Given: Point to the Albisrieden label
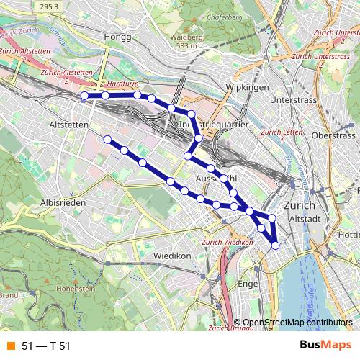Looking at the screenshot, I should pyautogui.click(x=63, y=203).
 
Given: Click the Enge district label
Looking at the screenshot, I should pyautogui.click(x=248, y=284).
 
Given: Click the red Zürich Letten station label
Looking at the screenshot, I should pyautogui.click(x=280, y=132).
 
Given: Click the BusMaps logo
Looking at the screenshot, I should pyautogui.click(x=325, y=346).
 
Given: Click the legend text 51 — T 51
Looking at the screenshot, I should pyautogui.click(x=46, y=347).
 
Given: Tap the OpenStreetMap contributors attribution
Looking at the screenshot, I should pyautogui.click(x=297, y=323).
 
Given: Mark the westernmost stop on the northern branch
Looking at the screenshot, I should pyautogui.click(x=84, y=95).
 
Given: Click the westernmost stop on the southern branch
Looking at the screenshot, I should pyautogui.click(x=107, y=139).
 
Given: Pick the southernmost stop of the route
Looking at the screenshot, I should pyautogui.click(x=275, y=246).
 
